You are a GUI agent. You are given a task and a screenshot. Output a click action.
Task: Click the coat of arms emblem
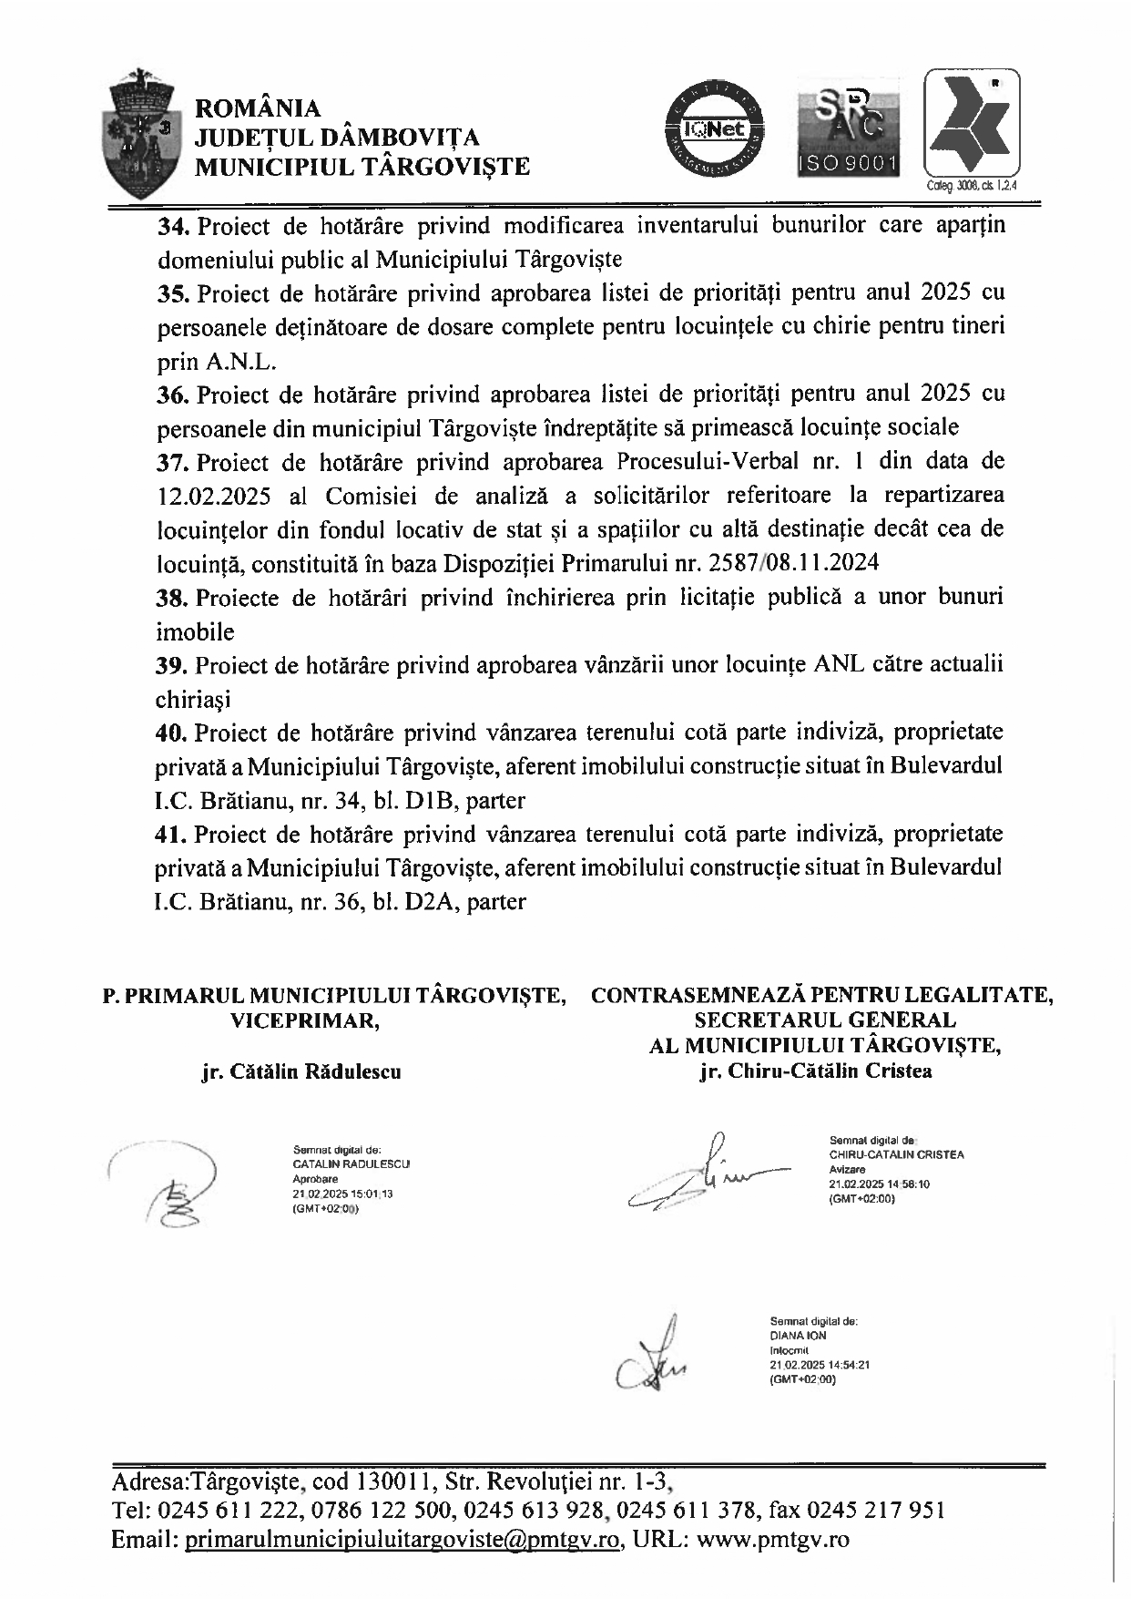pos(147,132)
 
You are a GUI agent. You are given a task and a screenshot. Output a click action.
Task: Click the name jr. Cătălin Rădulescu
pos(301,1071)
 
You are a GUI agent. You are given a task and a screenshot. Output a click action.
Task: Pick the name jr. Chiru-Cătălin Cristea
pos(816,1071)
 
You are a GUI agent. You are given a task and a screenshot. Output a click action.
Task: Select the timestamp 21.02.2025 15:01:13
pos(342,1192)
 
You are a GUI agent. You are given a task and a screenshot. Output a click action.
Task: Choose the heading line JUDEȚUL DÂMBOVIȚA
pos(338,138)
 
